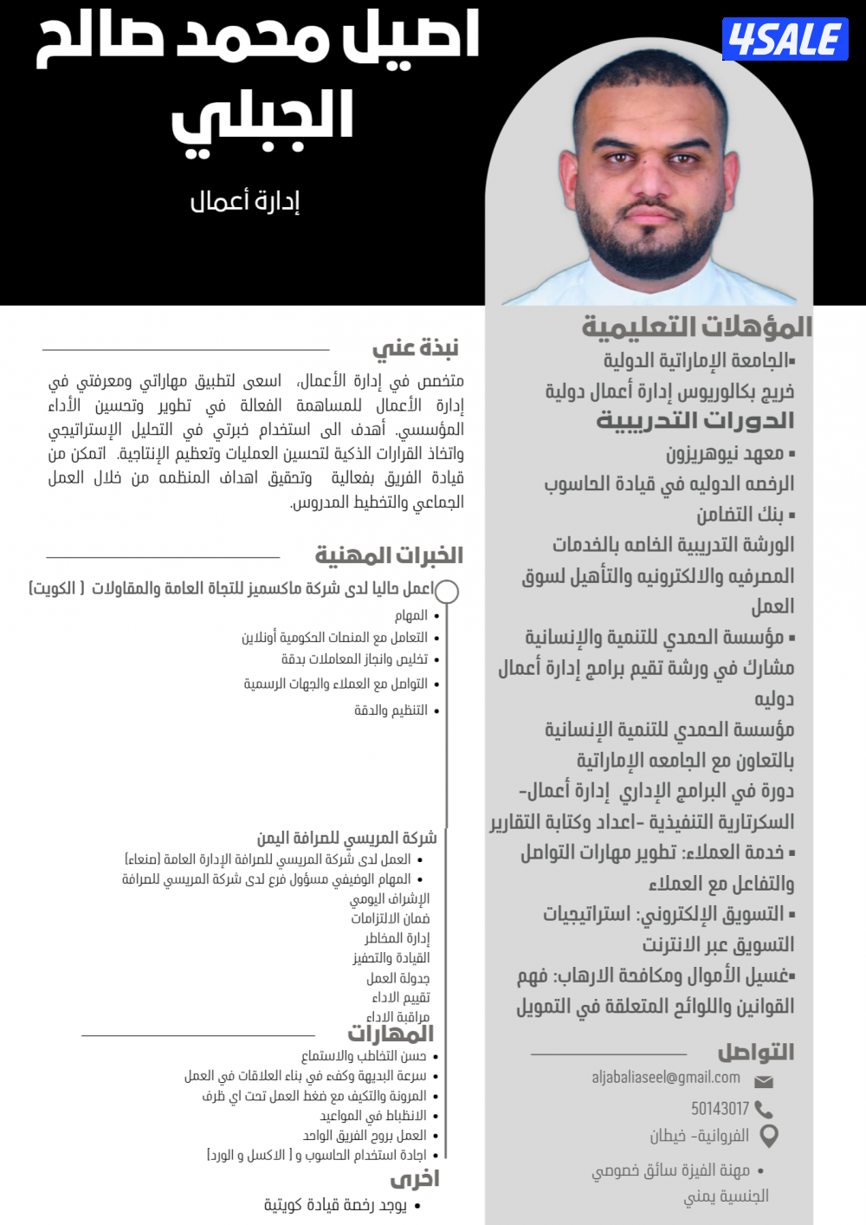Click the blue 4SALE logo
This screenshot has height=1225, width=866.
(x=785, y=39)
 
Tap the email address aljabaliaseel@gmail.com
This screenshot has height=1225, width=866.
(x=666, y=1078)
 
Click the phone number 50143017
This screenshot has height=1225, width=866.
(x=720, y=1109)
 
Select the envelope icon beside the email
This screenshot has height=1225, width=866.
(x=764, y=1081)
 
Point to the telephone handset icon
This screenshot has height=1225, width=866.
(x=764, y=1110)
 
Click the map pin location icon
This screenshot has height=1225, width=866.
(x=768, y=1136)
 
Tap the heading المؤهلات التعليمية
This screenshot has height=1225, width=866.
(x=697, y=327)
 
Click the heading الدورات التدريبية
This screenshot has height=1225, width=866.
(x=695, y=421)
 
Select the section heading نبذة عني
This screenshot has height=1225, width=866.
(x=416, y=348)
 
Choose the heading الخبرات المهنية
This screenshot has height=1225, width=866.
(x=389, y=555)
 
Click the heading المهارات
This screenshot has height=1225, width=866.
(x=391, y=1034)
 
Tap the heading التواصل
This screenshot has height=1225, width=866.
(x=756, y=1053)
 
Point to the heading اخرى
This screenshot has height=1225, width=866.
(x=415, y=1179)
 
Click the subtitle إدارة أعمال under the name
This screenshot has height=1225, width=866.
(x=245, y=202)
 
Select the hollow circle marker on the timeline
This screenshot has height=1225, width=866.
(x=447, y=592)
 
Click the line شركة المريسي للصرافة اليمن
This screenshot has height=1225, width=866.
(x=346, y=838)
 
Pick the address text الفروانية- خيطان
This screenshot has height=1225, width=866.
(x=700, y=1136)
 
